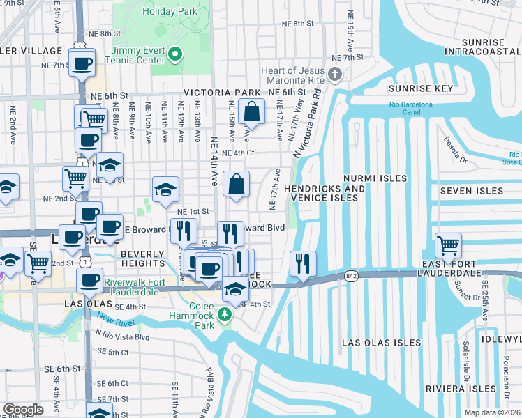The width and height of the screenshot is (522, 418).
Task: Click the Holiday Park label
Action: [170, 11]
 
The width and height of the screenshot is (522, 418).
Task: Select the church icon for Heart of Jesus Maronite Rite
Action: [336, 75]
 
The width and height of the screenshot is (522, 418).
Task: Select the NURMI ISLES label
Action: [375, 178]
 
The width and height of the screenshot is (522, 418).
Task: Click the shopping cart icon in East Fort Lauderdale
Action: [448, 245]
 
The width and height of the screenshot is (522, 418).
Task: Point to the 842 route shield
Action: [350, 277]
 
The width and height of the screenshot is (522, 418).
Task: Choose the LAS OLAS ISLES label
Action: [381, 343]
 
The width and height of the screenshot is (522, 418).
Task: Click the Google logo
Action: [23, 410]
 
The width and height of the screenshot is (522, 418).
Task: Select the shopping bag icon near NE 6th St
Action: [251, 111]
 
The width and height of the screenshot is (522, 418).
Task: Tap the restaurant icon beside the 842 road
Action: [303, 263]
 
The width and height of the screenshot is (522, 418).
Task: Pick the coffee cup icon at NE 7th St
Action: [82, 64]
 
